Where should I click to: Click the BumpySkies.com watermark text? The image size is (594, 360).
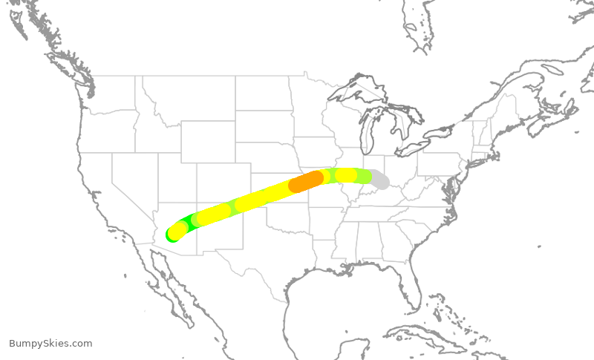pos(50,344)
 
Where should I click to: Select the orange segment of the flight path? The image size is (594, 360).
pos(306,181)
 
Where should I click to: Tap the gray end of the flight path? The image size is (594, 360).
pos(381,180)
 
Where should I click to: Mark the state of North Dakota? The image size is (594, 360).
pos(263,92)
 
